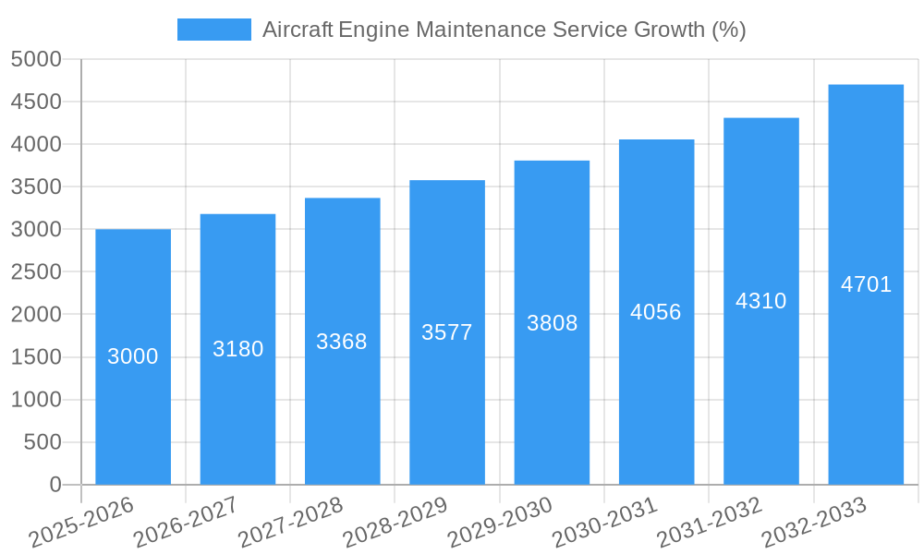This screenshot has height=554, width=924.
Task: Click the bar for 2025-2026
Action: pos(133,415)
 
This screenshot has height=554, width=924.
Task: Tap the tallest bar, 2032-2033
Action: pos(866,369)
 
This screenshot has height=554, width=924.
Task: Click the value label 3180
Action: pos(237,349)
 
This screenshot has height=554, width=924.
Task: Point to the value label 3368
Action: pos(342,342)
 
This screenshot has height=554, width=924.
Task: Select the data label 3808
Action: pos(552,323)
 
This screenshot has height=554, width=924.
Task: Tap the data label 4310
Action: pos(760,301)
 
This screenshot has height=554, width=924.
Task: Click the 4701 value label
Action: pos(866,284)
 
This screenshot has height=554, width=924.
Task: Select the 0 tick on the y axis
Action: pos(55,485)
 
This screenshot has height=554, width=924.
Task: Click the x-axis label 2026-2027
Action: pos(187,523)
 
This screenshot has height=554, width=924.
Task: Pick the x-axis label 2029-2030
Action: pos(501,523)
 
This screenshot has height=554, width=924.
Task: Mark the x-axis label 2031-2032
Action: pos(710,523)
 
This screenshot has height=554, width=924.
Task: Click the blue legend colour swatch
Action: pos(213,30)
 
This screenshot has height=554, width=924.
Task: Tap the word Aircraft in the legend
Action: pos(298,30)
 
